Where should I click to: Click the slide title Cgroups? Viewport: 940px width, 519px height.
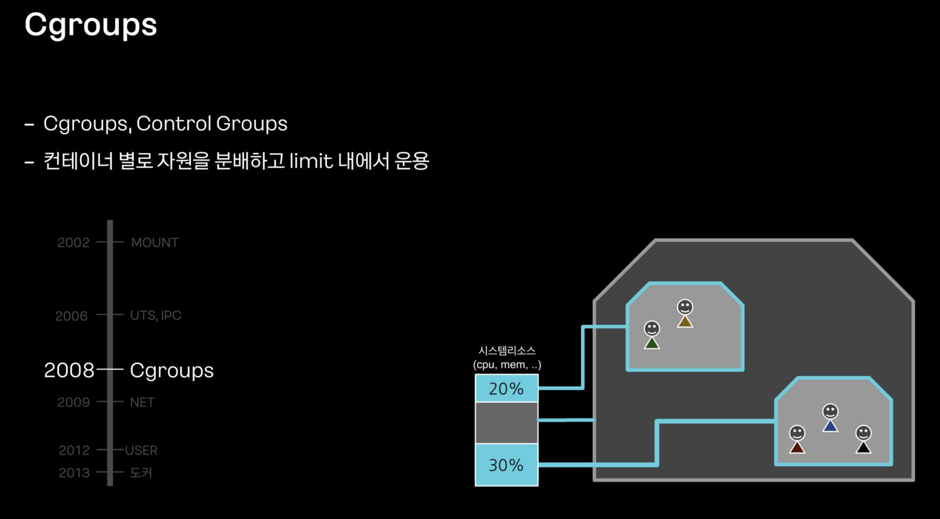click(91, 25)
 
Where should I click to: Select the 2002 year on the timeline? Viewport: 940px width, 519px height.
click(73, 242)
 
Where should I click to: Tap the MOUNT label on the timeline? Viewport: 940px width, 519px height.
click(155, 242)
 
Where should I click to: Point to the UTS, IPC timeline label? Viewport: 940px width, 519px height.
click(156, 315)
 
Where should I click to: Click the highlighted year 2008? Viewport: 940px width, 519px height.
click(69, 371)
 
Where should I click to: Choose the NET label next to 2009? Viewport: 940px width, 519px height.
click(142, 402)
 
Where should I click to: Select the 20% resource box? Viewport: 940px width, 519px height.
click(506, 388)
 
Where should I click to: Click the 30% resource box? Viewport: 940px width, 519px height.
click(506, 465)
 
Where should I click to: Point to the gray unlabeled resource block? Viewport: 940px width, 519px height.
click(506, 423)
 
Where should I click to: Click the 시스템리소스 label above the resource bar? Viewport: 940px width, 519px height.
click(507, 351)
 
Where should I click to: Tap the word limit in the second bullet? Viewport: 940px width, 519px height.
click(311, 161)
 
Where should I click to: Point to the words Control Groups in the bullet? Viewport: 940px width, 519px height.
click(212, 123)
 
